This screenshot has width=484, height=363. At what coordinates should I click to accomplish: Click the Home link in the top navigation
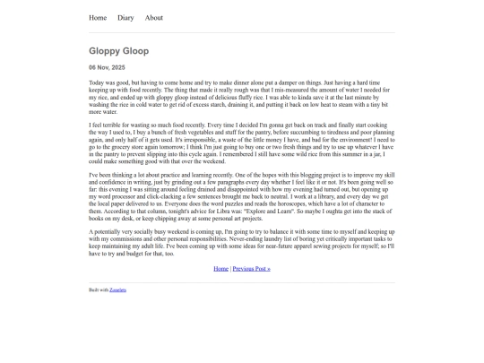tap(98, 17)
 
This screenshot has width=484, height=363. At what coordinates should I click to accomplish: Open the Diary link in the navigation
tap(125, 17)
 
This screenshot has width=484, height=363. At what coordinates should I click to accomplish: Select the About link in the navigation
tap(154, 17)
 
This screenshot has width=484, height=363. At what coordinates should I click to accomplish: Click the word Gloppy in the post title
tap(105, 51)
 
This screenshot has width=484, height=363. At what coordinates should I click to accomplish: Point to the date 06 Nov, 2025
tap(107, 67)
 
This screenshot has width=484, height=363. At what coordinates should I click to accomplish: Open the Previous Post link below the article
tap(251, 268)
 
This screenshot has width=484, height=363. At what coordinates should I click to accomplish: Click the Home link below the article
tap(220, 268)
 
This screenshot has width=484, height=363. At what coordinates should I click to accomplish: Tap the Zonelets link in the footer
tap(117, 290)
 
